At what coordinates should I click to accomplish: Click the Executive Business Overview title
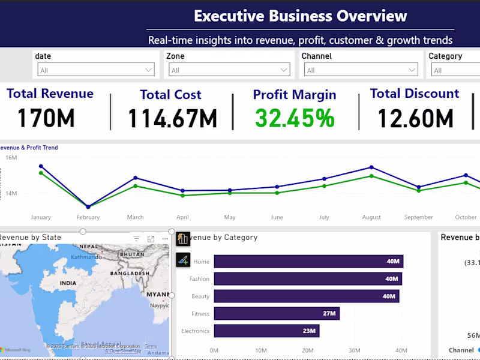pyautogui.click(x=300, y=16)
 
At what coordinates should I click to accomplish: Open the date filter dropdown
pyautogui.click(x=96, y=70)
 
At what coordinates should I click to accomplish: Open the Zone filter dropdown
pyautogui.click(x=230, y=70)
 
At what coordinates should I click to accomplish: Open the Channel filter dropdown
pyautogui.click(x=362, y=70)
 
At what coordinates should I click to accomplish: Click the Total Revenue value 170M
pyautogui.click(x=46, y=118)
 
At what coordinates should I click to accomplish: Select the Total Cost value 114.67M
pyautogui.click(x=172, y=119)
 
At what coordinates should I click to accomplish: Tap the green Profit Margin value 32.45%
pyautogui.click(x=295, y=118)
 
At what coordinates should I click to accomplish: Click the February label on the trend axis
pyautogui.click(x=88, y=217)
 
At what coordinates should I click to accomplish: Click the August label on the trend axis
pyautogui.click(x=371, y=217)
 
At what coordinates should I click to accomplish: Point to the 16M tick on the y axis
pyautogui.click(x=11, y=157)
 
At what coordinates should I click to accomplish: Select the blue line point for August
pyautogui.click(x=371, y=167)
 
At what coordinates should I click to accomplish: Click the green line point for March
pyautogui.click(x=136, y=186)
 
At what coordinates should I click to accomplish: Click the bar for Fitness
pyautogui.click(x=276, y=313)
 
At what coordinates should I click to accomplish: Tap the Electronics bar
pyautogui.click(x=266, y=331)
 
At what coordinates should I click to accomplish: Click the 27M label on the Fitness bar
pyautogui.click(x=329, y=313)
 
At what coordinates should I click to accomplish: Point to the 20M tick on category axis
pyautogui.click(x=308, y=350)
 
